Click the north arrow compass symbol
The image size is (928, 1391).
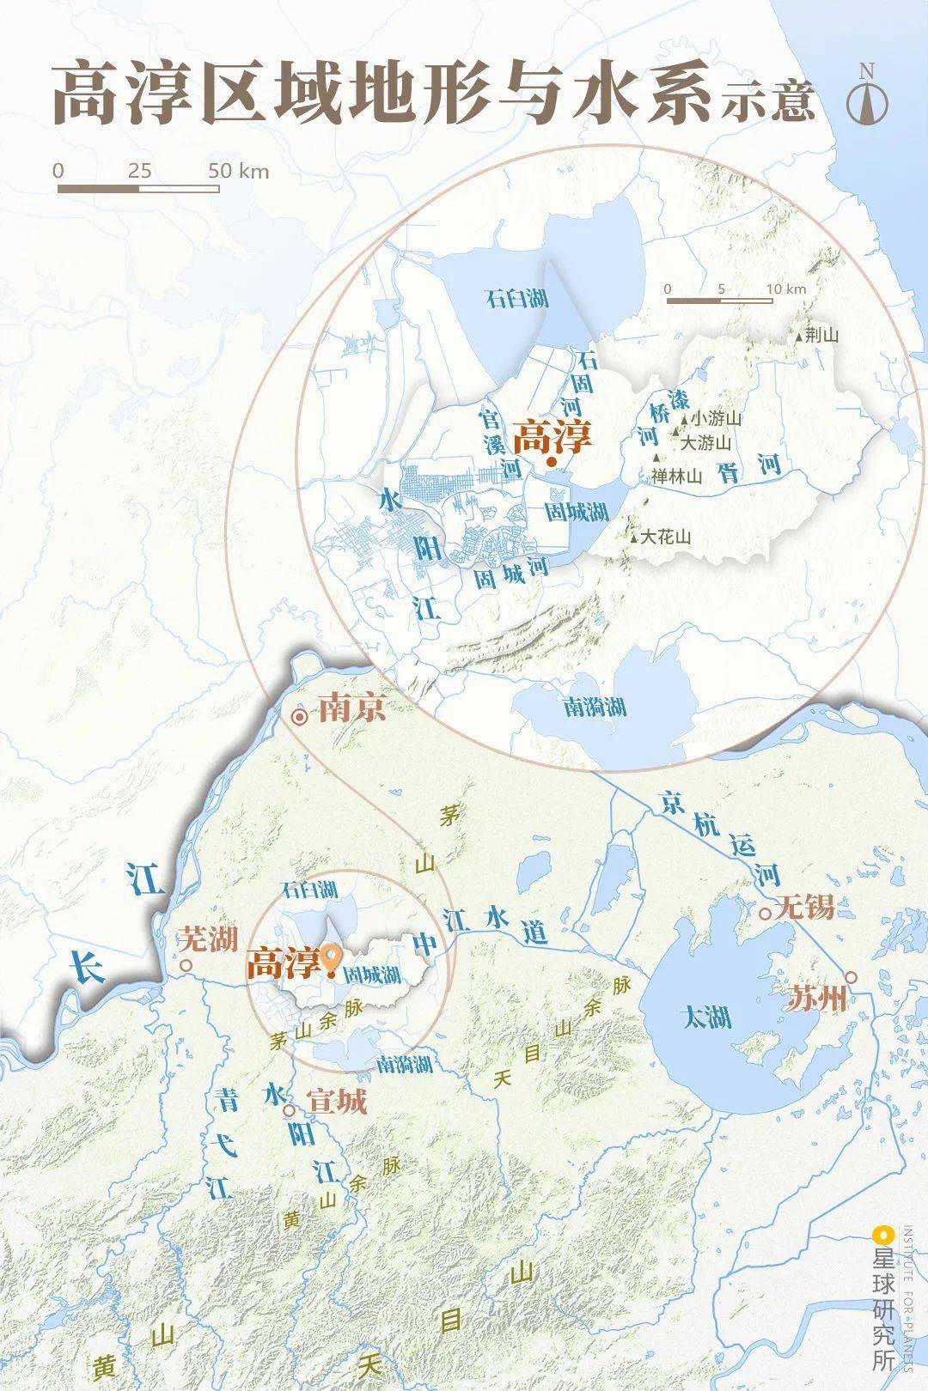click(866, 94)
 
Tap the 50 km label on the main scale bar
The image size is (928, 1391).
click(238, 170)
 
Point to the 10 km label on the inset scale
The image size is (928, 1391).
click(786, 289)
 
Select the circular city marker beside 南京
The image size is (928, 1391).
click(300, 717)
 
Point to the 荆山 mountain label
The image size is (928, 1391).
click(822, 336)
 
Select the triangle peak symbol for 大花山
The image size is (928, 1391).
click(635, 538)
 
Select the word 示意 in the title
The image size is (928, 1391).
click(766, 102)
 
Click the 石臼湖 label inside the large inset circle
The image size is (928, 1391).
click(516, 299)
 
